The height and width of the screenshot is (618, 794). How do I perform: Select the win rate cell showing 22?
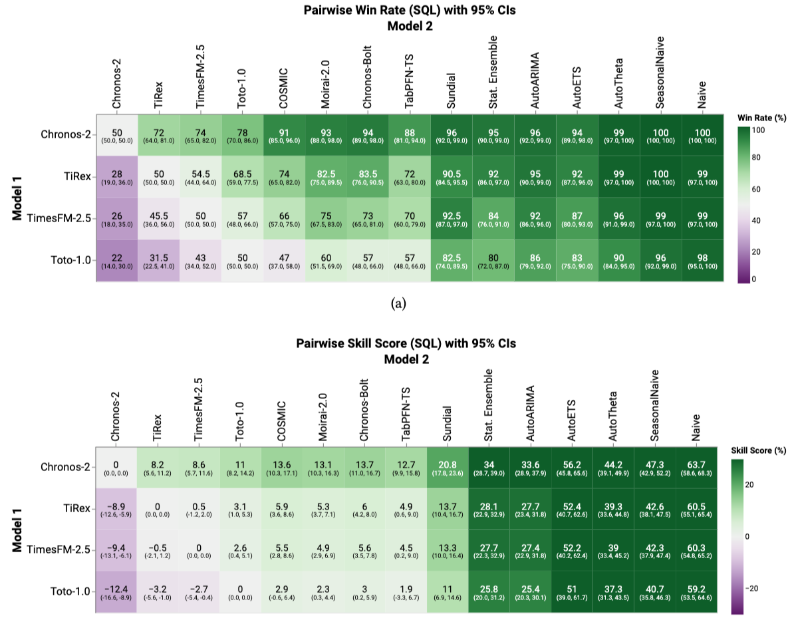[x=116, y=261]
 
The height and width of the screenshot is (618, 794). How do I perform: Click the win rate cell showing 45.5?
[x=158, y=218]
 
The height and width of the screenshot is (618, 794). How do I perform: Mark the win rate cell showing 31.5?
[x=158, y=261]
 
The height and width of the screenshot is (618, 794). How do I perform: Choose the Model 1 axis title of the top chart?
[x=18, y=198]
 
